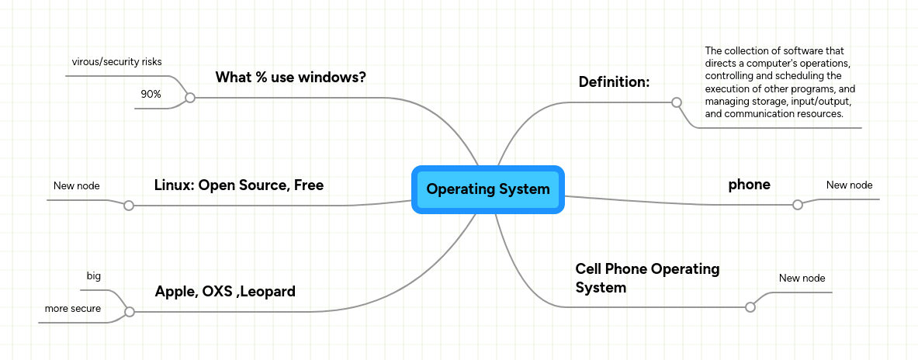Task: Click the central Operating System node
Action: [x=487, y=189]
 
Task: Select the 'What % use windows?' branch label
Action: [x=290, y=78]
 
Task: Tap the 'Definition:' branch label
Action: [x=614, y=82]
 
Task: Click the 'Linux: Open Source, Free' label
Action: [x=238, y=185]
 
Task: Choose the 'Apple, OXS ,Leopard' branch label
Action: [x=225, y=292]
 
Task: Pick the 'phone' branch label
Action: [x=749, y=185]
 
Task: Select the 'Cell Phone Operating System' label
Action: [x=647, y=278]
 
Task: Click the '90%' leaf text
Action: [x=151, y=94]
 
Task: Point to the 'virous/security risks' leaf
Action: [x=116, y=61]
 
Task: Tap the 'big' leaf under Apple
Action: [x=93, y=276]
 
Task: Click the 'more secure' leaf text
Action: [x=72, y=309]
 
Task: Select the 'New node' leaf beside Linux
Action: [x=76, y=185]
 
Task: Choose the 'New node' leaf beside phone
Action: [x=849, y=185]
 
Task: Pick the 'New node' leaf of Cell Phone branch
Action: [x=802, y=278]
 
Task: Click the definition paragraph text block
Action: [x=780, y=82]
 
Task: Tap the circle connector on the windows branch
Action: [x=189, y=98]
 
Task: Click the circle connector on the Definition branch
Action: [x=676, y=102]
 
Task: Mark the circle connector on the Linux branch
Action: [x=129, y=206]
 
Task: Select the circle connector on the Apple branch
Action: [x=130, y=312]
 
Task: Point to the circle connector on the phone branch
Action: [x=797, y=205]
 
